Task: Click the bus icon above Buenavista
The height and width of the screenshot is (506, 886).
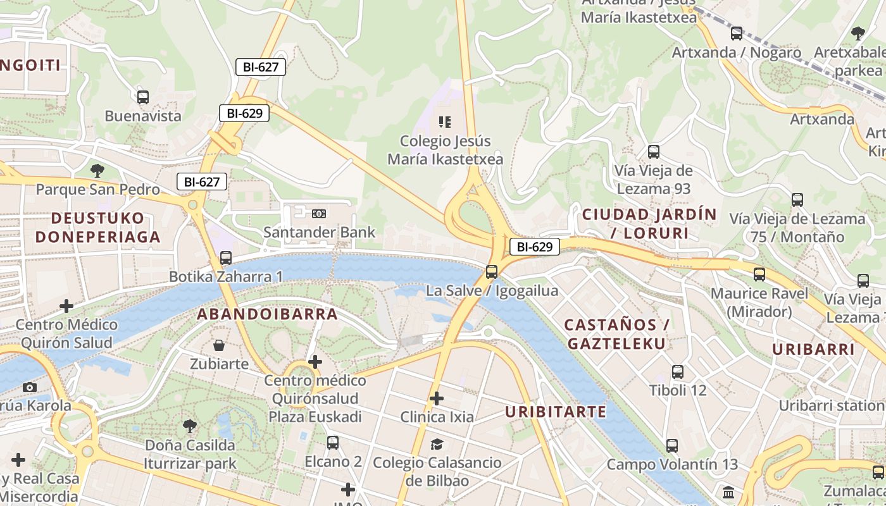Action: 143,97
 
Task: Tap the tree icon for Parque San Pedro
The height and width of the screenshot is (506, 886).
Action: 97,170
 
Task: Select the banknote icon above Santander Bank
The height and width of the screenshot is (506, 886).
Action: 319,214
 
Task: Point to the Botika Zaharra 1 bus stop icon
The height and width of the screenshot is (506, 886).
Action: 226,258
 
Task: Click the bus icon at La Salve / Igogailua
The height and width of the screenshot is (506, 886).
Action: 492,272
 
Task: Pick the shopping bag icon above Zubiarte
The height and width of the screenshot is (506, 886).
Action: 219,345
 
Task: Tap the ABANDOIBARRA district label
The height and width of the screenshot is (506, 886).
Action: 267,314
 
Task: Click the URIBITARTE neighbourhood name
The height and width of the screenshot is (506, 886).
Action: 556,412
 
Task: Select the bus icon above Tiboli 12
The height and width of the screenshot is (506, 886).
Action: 678,372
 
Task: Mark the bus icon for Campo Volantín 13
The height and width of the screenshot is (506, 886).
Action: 672,446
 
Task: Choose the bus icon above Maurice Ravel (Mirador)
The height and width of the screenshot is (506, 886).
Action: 759,275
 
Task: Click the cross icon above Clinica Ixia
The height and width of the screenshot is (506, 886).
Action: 437,398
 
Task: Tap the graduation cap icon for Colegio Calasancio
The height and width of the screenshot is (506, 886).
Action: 437,444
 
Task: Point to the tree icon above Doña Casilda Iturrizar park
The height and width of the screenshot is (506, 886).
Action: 189,426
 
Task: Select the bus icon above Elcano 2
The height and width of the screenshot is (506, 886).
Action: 333,443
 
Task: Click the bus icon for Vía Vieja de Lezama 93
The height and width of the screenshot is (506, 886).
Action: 654,152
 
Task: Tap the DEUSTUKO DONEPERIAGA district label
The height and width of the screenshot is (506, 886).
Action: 97,228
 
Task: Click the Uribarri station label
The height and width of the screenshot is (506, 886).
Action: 832,405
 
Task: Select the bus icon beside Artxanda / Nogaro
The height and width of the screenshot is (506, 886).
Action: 737,34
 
